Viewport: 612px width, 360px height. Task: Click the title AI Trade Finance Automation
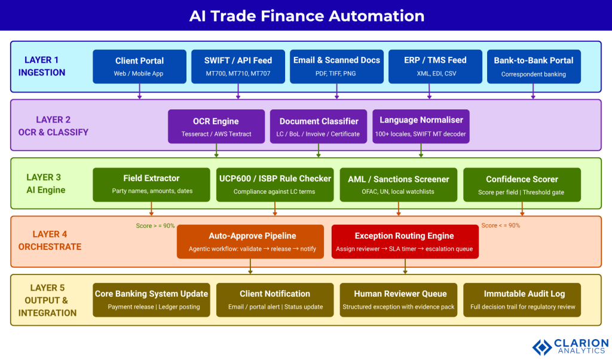pos(306,16)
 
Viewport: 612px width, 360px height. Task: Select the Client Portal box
pos(139,66)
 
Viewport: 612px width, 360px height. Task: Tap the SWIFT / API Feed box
pos(238,66)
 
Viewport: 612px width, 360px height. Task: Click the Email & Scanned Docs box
pos(336,66)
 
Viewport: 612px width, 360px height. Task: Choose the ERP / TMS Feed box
pos(435,66)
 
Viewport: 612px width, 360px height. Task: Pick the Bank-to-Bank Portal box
pos(533,66)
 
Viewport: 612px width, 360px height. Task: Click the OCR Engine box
pos(216,126)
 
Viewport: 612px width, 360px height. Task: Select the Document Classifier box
pos(319,126)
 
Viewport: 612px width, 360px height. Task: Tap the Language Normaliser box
pos(421,126)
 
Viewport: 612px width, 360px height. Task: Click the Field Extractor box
pos(151,184)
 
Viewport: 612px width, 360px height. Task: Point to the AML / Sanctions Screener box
pos(398,184)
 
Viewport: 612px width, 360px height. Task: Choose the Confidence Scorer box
pos(522,184)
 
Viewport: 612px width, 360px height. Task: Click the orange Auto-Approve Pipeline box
pos(250,242)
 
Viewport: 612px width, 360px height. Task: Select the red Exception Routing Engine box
pos(405,242)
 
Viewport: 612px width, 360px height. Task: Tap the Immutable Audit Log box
pos(522,300)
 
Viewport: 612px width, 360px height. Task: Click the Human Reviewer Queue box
pos(398,300)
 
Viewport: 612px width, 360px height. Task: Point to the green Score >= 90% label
pos(155,225)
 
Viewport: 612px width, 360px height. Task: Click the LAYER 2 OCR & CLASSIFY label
pos(53,126)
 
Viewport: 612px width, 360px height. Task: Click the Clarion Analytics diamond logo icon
pos(542,347)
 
